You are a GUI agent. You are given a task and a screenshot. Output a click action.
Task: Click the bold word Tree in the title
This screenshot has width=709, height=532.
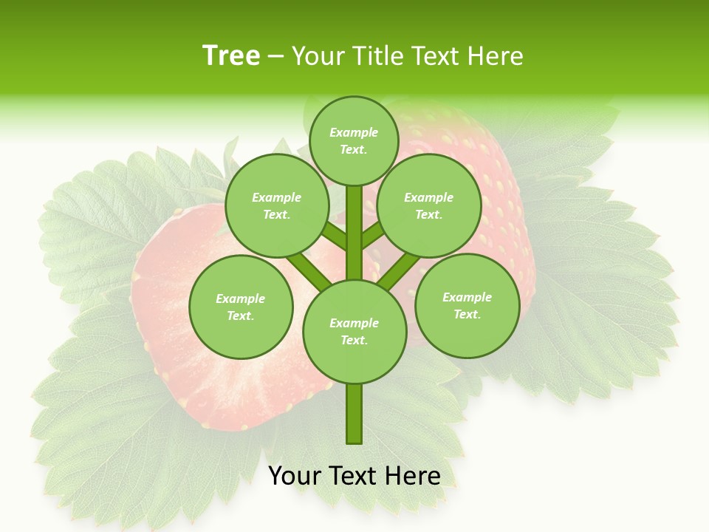[231, 55]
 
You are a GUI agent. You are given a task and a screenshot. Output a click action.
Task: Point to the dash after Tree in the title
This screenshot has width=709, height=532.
[275, 57]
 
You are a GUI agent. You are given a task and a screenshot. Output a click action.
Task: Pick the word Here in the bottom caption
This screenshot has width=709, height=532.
[411, 476]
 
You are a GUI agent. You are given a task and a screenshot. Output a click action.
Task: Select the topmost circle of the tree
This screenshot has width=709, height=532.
[354, 140]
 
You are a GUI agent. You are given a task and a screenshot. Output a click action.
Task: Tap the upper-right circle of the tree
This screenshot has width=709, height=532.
[429, 205]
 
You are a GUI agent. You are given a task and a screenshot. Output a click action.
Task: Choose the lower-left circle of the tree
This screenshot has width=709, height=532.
[241, 307]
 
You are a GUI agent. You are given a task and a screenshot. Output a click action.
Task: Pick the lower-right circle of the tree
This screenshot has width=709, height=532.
[467, 305]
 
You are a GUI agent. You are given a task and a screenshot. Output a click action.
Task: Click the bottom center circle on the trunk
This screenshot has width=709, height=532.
[354, 331]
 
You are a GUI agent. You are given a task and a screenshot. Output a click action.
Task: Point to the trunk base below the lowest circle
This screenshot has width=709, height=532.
[354, 414]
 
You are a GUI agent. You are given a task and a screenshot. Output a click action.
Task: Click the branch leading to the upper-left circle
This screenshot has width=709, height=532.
[335, 236]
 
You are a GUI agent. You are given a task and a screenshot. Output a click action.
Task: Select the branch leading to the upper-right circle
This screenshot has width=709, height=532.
[373, 236]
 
